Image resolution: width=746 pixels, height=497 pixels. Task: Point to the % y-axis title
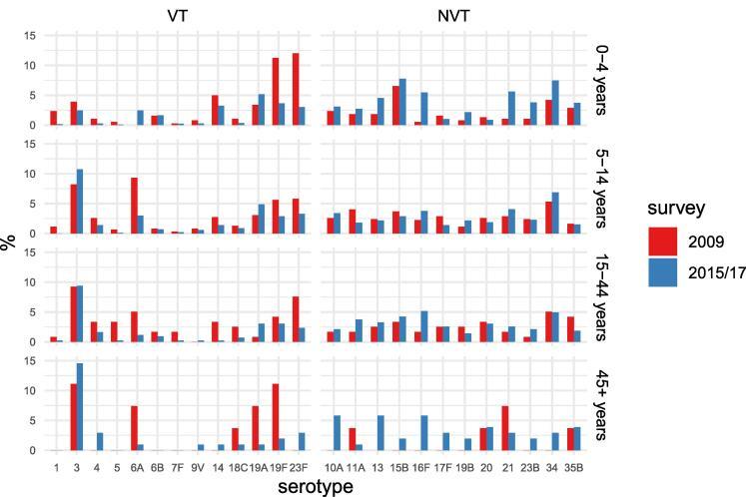click(x=10, y=242)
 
